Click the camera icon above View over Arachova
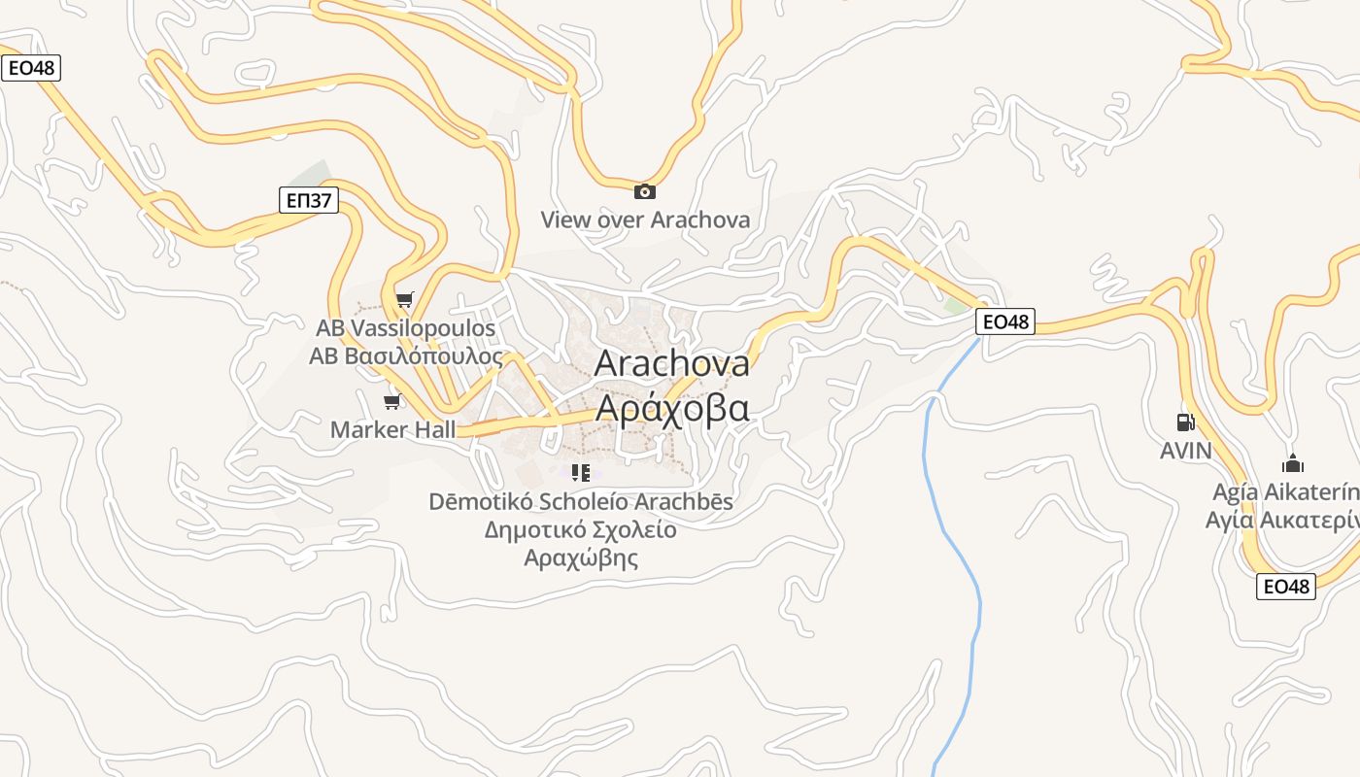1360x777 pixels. pyautogui.click(x=644, y=191)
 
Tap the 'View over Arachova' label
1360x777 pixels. pyautogui.click(x=645, y=220)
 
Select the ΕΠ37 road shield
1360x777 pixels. pyautogui.click(x=310, y=201)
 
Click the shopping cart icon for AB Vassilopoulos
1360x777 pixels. pyautogui.click(x=404, y=300)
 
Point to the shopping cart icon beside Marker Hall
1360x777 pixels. pyautogui.click(x=392, y=401)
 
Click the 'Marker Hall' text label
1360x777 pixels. pyautogui.click(x=392, y=429)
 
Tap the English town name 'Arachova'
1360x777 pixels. pyautogui.click(x=671, y=363)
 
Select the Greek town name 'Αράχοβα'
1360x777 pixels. pyautogui.click(x=671, y=409)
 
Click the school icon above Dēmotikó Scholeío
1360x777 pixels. pyautogui.click(x=581, y=474)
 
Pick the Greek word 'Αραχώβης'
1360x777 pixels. pyautogui.click(x=581, y=557)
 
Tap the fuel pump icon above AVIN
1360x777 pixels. pyautogui.click(x=1185, y=422)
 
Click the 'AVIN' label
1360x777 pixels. pyautogui.click(x=1185, y=451)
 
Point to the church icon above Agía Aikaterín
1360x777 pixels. pyautogui.click(x=1292, y=463)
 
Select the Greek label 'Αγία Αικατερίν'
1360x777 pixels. pyautogui.click(x=1282, y=520)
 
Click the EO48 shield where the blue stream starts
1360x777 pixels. pyautogui.click(x=1005, y=321)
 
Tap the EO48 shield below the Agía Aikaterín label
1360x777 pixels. pyautogui.click(x=1285, y=587)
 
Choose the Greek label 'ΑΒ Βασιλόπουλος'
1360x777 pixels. pyautogui.click(x=406, y=356)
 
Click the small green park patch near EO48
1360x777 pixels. pyautogui.click(x=955, y=305)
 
